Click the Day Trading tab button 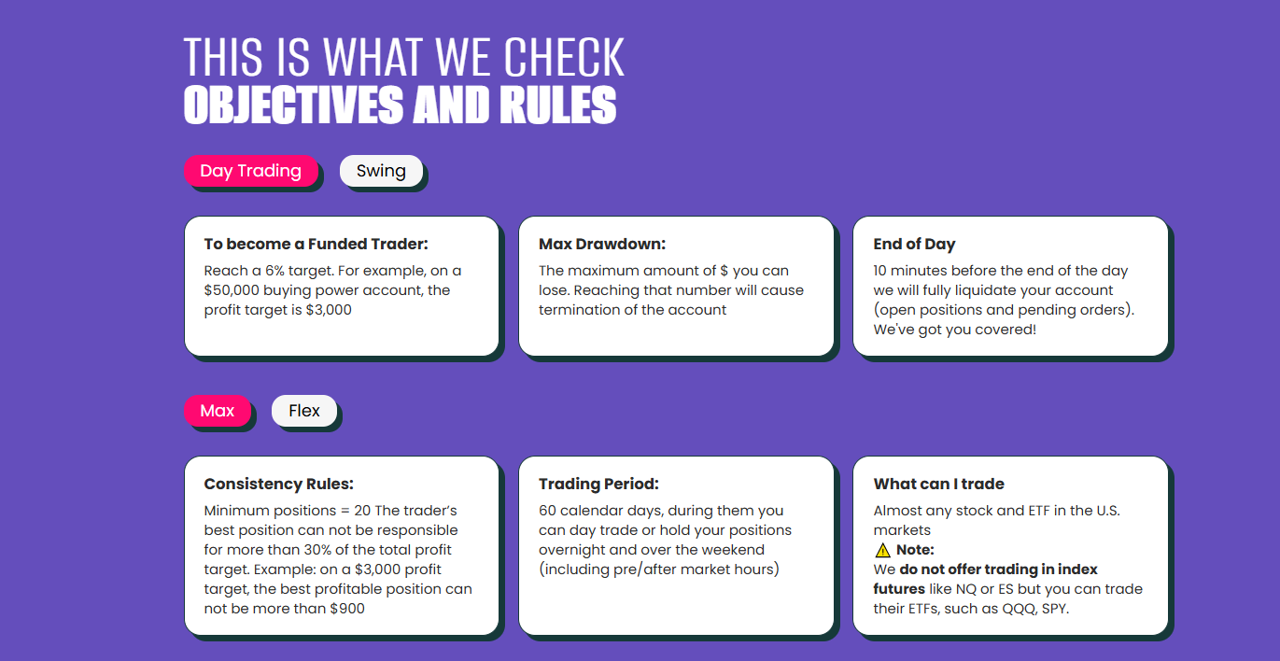[x=251, y=171]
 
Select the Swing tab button [x=381, y=171]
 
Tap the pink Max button [x=218, y=411]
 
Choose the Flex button [x=304, y=411]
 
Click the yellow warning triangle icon [x=883, y=550]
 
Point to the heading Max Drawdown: [x=602, y=244]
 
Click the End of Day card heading [x=914, y=245]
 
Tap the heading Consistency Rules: [x=279, y=485]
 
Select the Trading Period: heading [x=598, y=485]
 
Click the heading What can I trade [x=939, y=484]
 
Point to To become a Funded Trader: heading [x=316, y=244]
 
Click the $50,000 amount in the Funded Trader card [x=232, y=290]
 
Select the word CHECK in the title [x=564, y=57]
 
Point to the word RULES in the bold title [x=558, y=105]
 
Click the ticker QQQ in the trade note [x=1020, y=609]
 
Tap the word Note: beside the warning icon [x=916, y=550]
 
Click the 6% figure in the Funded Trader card [x=274, y=271]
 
